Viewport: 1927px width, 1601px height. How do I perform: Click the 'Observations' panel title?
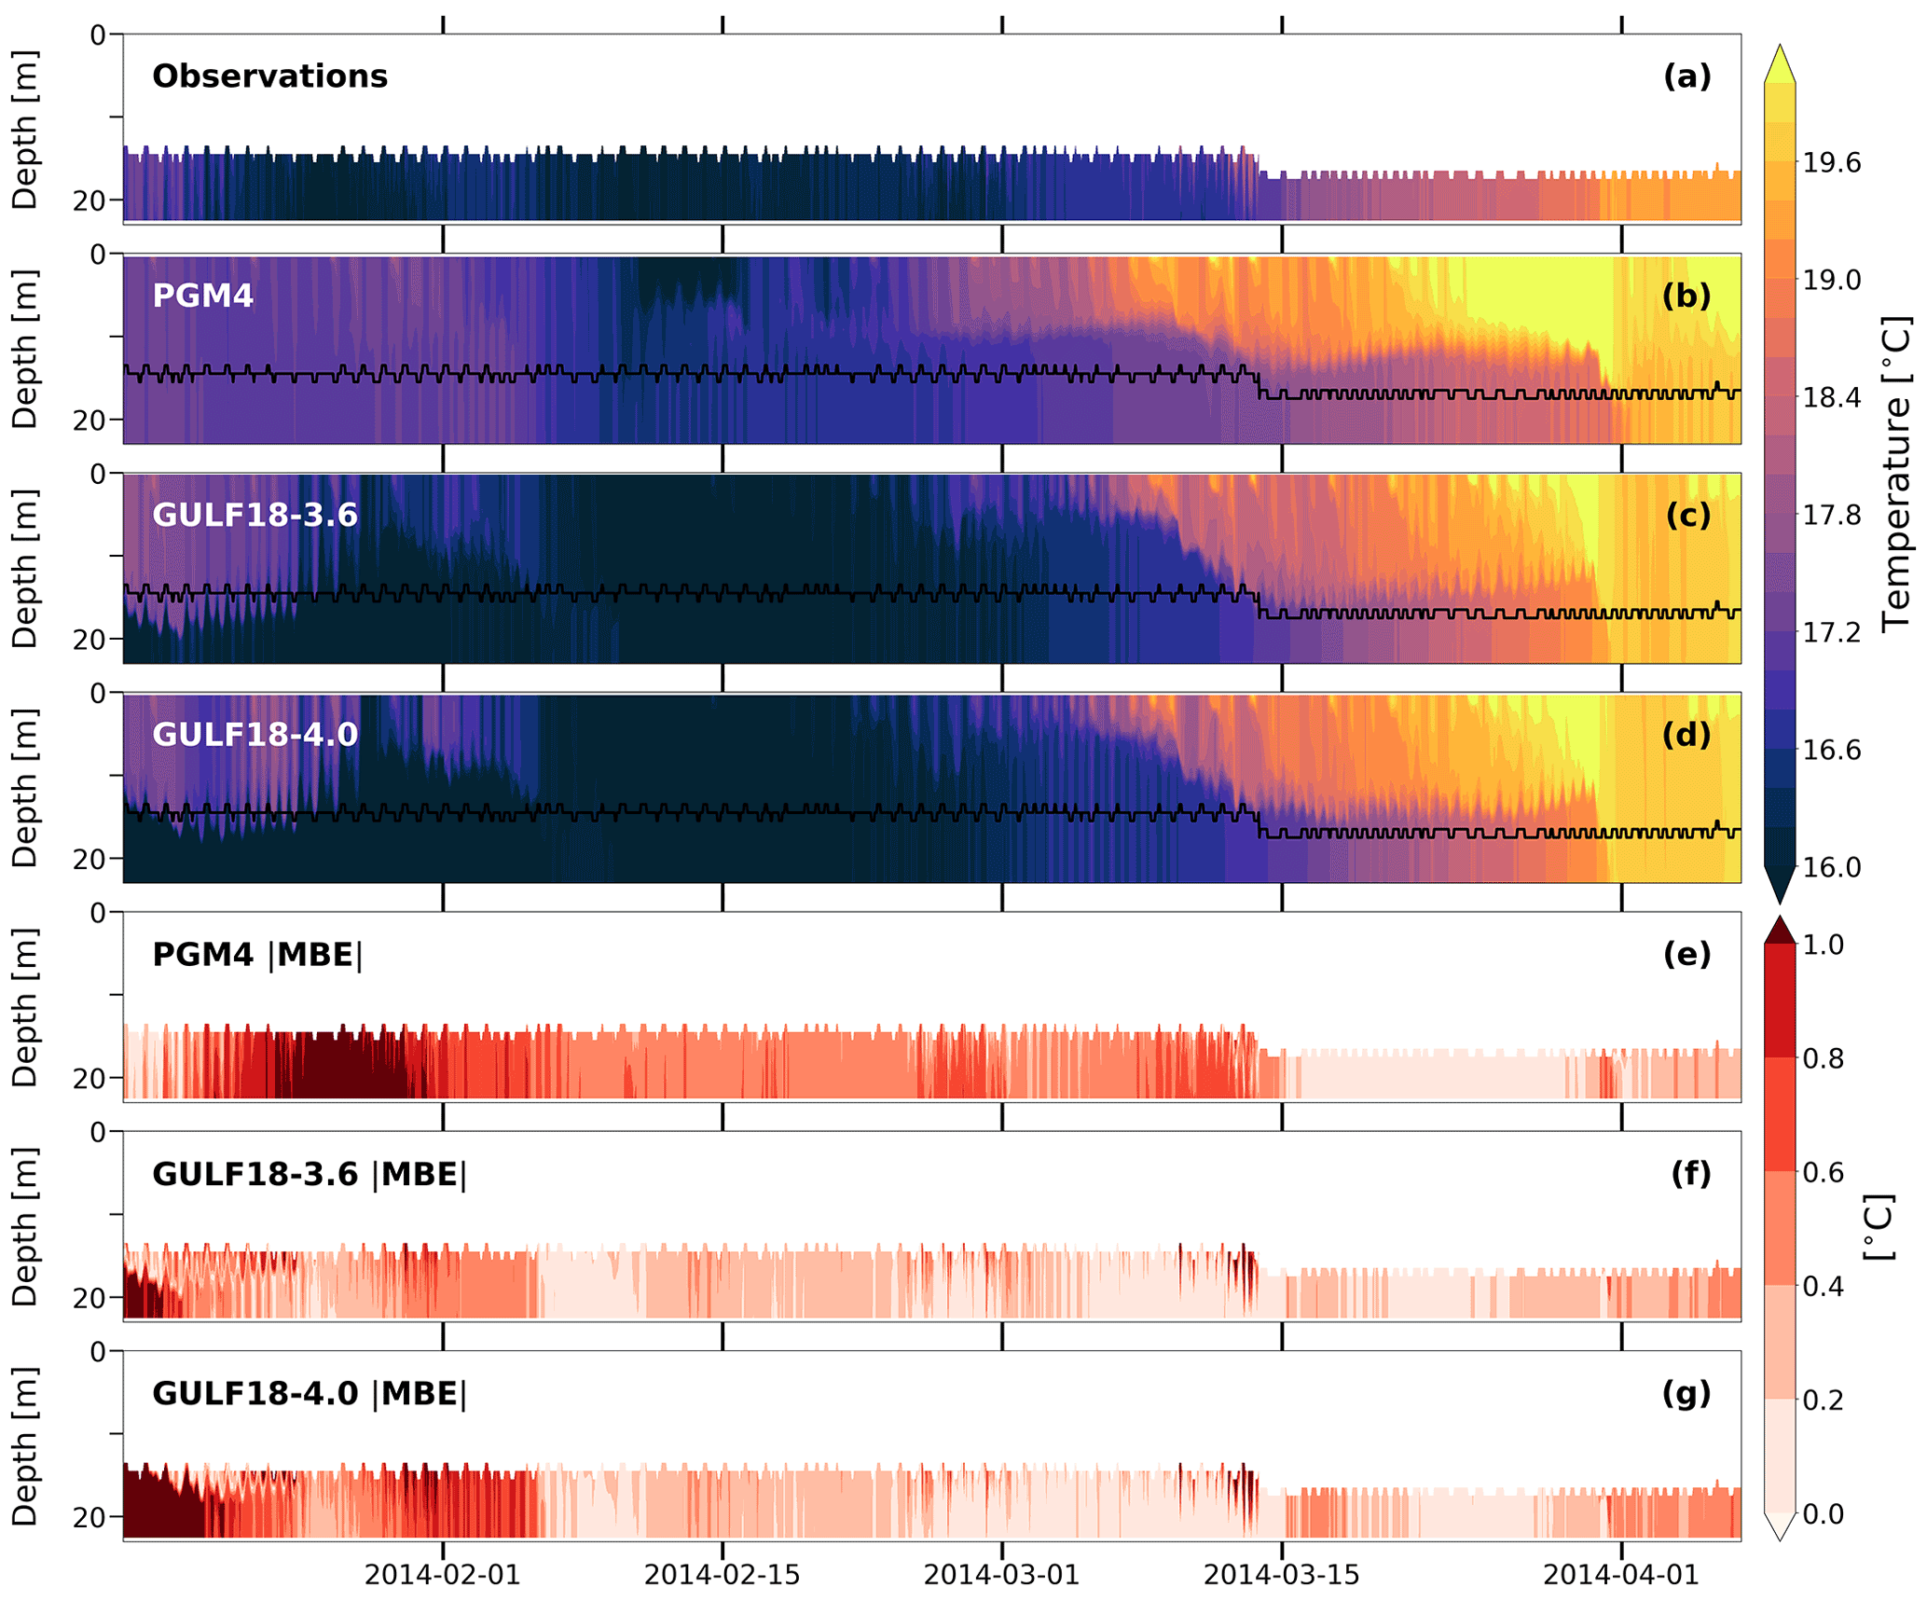[269, 76]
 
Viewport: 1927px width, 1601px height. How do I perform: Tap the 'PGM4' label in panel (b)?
[202, 296]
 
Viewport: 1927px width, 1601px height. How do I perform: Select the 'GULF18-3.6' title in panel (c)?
[255, 515]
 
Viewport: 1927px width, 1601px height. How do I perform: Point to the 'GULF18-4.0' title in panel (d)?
[255, 735]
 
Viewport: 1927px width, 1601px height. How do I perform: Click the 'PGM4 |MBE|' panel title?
[257, 955]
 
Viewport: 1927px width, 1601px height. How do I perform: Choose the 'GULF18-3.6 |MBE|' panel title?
[310, 1174]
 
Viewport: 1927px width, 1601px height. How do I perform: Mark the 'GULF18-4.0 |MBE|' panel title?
[310, 1394]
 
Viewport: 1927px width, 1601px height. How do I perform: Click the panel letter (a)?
[1686, 76]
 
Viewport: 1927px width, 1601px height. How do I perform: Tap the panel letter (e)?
[1686, 955]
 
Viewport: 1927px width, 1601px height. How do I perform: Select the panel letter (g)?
[1686, 1394]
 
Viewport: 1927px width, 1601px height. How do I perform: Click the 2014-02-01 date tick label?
[442, 1575]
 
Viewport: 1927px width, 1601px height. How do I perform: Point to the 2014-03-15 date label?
[1281, 1575]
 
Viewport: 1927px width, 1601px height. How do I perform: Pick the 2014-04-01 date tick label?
[1620, 1575]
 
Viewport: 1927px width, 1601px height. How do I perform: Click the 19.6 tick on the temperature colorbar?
[1831, 163]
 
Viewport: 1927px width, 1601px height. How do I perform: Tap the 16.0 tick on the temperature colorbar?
[1831, 867]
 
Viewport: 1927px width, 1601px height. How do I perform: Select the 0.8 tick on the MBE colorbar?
[1823, 1058]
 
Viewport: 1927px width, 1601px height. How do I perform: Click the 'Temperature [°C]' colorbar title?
[1894, 476]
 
